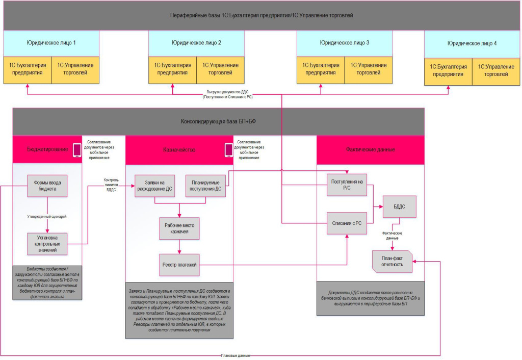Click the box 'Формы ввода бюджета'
pyautogui.click(x=47, y=185)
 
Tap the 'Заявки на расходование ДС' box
pyautogui.click(x=154, y=186)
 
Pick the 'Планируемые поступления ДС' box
pyautogui.click(x=205, y=186)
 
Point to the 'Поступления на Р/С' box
pyautogui.click(x=347, y=186)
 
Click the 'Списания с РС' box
pyautogui.click(x=347, y=222)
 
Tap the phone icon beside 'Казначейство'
pyautogui.click(x=228, y=150)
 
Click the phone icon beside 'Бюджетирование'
pyautogui.click(x=77, y=150)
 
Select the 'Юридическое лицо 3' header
pyautogui.click(x=345, y=43)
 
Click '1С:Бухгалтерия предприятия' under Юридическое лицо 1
pyautogui.click(x=27, y=69)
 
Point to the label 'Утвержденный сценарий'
pyautogui.click(x=47, y=217)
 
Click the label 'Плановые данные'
pyautogui.click(x=235, y=355)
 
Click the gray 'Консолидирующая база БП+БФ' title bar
pyautogui.click(x=218, y=122)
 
